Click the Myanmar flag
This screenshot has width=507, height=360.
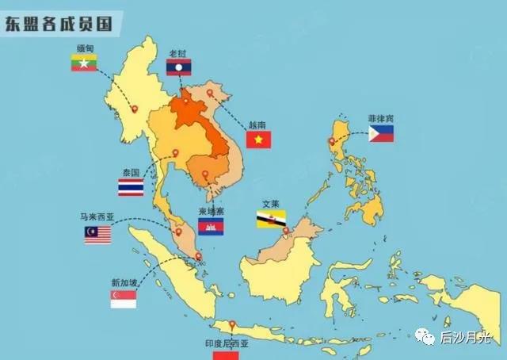click(x=84, y=62)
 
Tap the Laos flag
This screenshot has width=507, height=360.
click(x=179, y=67)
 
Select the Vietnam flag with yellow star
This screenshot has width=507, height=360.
click(x=258, y=140)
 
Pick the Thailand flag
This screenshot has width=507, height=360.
click(x=131, y=187)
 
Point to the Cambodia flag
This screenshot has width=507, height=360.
click(x=211, y=228)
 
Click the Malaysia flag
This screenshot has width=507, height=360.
click(x=98, y=234)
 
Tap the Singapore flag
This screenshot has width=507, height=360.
click(x=124, y=298)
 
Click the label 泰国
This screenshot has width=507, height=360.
click(x=131, y=172)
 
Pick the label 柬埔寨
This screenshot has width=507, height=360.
click(x=211, y=213)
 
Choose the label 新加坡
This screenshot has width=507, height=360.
click(x=125, y=282)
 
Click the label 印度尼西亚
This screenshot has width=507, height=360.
click(x=227, y=343)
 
